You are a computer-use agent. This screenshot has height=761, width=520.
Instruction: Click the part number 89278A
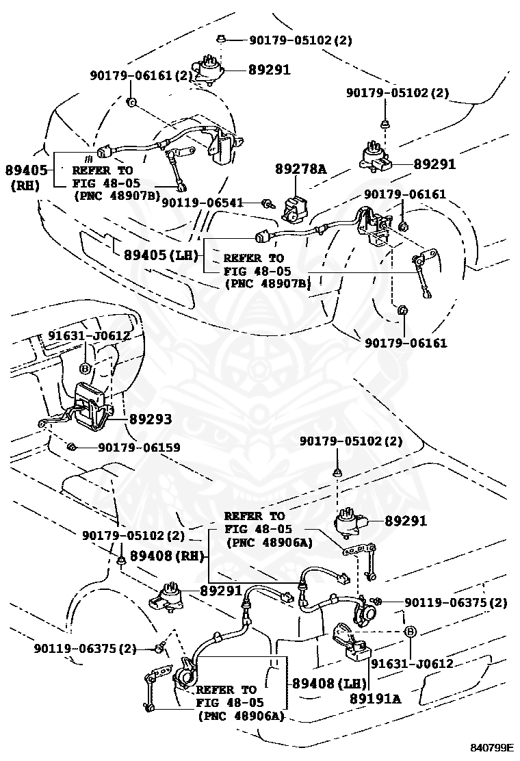pos(300,168)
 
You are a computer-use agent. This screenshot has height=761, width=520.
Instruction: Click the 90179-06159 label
pos(139,448)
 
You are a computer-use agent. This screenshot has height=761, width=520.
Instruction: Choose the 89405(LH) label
pos(161,255)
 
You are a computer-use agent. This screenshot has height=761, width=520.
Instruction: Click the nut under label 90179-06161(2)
pos(131,103)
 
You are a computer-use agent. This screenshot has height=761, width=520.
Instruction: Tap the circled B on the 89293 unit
pos(86,368)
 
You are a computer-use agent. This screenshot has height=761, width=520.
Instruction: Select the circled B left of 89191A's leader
pos(409,630)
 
